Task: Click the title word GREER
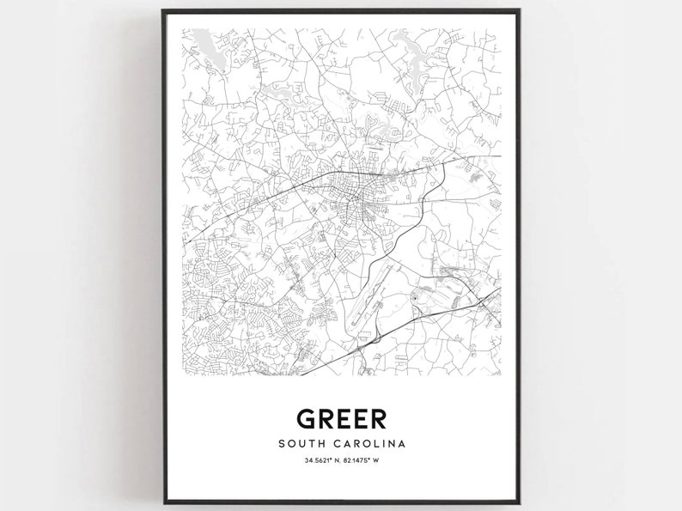(x=341, y=418)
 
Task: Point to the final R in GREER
(x=377, y=418)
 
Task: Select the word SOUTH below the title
(x=301, y=444)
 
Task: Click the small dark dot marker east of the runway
(x=416, y=297)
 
